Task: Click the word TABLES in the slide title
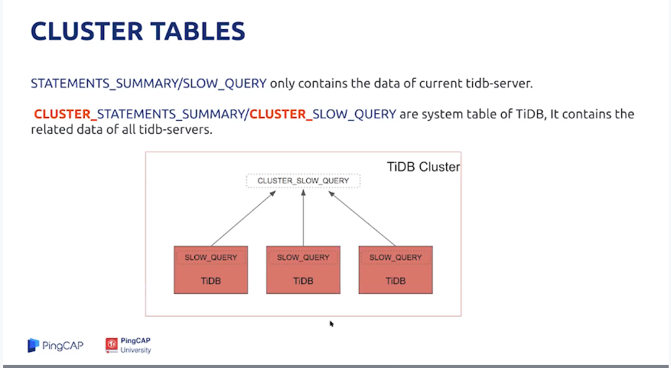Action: (194, 31)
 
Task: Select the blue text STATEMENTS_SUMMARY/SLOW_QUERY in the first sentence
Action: (148, 83)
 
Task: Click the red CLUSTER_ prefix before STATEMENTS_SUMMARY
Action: (66, 114)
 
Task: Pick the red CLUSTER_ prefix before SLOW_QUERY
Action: (281, 114)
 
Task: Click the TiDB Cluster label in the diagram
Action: (423, 167)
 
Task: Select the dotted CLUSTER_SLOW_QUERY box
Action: (304, 181)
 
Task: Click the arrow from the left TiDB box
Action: (243, 219)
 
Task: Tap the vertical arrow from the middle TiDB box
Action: (304, 218)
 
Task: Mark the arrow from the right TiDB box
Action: (362, 219)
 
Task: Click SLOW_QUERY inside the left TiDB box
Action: (210, 258)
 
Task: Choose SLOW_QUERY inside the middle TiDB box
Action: (303, 258)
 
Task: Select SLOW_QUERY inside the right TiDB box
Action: (396, 258)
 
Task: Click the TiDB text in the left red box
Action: (211, 281)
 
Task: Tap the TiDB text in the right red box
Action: (396, 281)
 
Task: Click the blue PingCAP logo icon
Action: (34, 345)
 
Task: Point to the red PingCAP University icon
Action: (111, 345)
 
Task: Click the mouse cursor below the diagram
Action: (331, 324)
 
